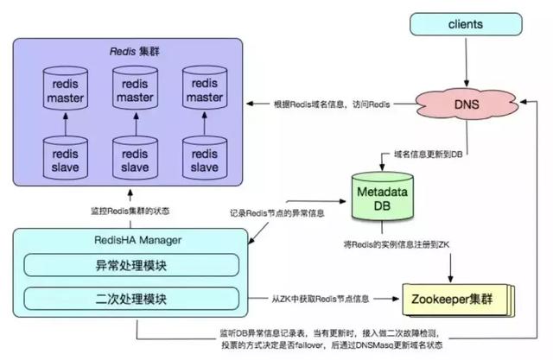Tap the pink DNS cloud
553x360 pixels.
467,104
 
